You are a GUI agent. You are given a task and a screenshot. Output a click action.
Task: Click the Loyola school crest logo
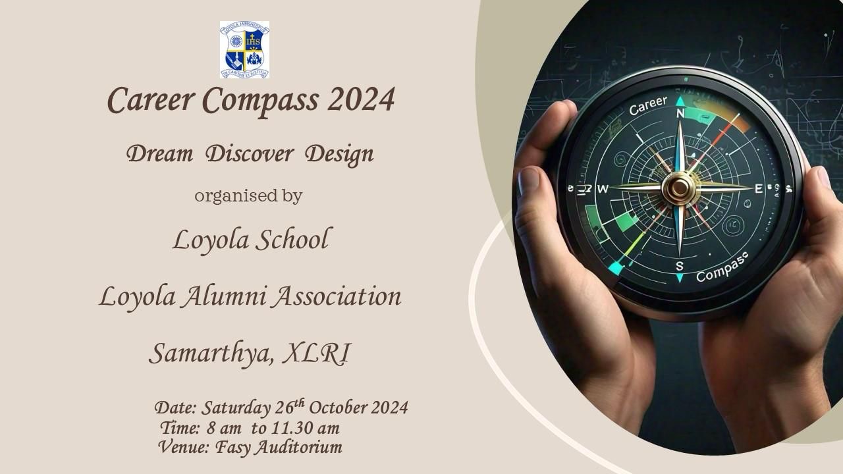click(244, 49)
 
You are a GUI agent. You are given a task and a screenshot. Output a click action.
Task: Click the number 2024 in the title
click(362, 99)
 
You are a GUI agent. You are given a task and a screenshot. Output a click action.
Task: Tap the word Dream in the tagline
click(159, 154)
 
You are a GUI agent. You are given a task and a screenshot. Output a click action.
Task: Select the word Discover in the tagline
click(250, 154)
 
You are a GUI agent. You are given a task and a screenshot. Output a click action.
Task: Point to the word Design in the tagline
click(339, 155)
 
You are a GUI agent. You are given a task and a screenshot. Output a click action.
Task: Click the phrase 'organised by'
click(248, 196)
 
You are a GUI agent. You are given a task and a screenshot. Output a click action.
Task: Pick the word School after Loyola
click(292, 239)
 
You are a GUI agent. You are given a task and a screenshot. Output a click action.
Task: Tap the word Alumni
click(225, 296)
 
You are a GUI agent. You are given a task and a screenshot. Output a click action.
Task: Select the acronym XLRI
click(316, 353)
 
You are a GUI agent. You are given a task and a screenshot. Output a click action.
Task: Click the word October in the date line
click(338, 408)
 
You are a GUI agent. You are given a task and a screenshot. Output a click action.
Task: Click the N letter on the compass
click(680, 114)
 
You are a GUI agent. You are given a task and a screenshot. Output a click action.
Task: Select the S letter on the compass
click(679, 266)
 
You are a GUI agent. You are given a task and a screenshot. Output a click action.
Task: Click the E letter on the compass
click(759, 189)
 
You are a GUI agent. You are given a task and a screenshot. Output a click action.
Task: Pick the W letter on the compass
click(603, 189)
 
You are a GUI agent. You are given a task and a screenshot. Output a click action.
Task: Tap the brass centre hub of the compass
click(680, 188)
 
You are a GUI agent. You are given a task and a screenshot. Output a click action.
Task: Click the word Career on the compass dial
click(648, 105)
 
